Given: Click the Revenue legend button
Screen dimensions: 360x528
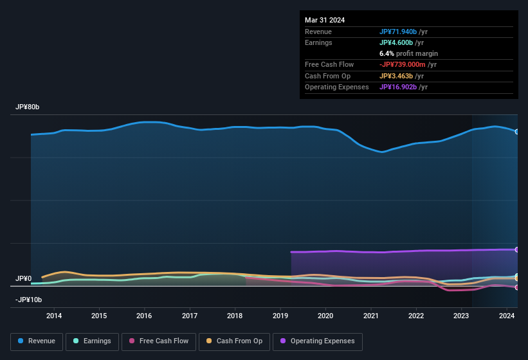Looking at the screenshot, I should point(37,341).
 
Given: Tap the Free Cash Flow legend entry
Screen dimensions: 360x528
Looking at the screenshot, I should point(159,341).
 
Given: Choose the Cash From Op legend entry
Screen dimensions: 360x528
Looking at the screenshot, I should point(233,341).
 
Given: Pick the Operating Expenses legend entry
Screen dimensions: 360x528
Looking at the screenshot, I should point(318,341).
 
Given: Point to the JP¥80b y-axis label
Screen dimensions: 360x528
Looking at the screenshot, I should point(28,107).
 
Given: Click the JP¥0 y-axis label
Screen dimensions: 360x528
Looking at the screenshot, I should point(24,279).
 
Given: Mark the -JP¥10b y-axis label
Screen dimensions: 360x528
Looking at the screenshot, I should point(29,300).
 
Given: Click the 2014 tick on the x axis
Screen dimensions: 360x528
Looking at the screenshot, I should point(54,316).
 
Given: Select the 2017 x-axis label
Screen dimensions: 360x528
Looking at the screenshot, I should point(190,316).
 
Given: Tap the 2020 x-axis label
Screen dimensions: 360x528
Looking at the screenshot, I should point(325,316).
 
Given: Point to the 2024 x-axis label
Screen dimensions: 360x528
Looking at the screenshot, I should point(507,316).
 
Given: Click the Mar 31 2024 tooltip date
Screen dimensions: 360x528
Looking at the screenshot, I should point(325,20).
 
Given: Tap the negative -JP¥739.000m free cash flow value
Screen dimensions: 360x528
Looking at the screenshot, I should point(408,64).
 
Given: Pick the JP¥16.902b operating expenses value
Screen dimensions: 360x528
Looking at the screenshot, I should point(403,87).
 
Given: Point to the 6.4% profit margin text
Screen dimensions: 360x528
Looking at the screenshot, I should point(408,53).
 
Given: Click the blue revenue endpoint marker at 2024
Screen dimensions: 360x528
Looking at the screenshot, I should point(517,131).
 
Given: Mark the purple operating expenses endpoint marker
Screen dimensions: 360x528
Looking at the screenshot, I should point(517,249).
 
